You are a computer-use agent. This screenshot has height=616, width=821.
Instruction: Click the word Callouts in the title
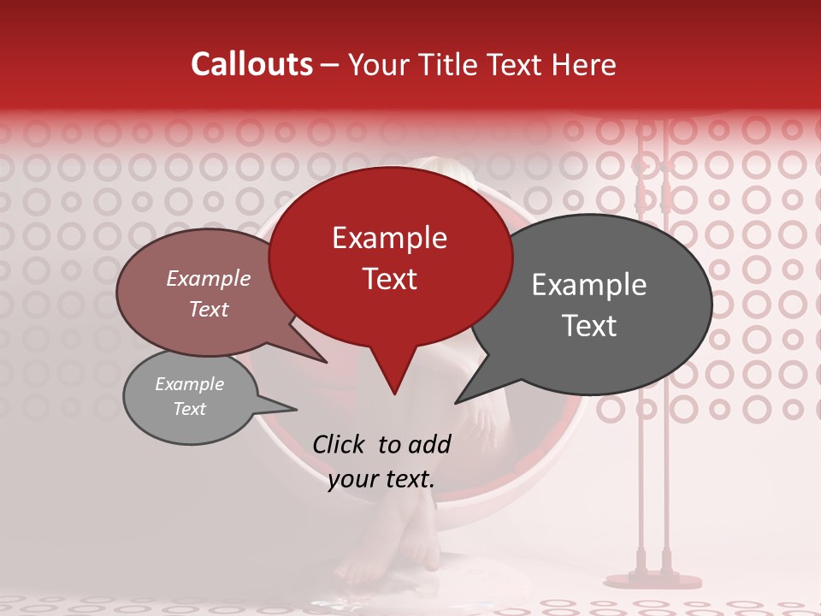click(x=251, y=64)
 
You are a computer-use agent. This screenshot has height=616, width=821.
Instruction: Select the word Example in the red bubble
click(x=389, y=238)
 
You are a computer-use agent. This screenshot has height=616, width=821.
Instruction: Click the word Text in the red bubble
click(x=389, y=279)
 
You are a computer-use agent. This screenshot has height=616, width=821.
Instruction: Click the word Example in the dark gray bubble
click(x=589, y=285)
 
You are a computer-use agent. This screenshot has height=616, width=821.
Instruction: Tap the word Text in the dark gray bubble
click(x=589, y=326)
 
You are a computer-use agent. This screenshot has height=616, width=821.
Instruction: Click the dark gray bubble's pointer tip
click(x=457, y=401)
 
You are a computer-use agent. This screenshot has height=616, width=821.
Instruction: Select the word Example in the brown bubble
click(x=209, y=279)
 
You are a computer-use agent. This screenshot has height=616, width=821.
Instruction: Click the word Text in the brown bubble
click(x=209, y=309)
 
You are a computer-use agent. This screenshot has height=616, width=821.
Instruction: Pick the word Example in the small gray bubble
click(x=189, y=384)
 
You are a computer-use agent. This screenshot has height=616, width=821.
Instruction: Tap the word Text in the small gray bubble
click(x=189, y=409)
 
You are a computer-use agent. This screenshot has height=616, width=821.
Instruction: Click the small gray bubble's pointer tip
click(x=296, y=409)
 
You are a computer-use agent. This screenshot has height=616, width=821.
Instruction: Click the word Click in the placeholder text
click(x=340, y=444)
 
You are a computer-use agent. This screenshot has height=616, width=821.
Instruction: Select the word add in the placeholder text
click(x=431, y=444)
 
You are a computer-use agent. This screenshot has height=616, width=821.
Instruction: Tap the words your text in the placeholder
click(x=381, y=479)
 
